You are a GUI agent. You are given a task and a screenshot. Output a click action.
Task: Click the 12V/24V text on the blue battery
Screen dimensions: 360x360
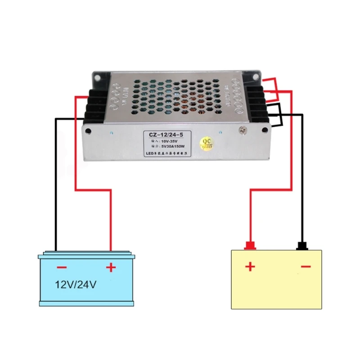pyautogui.click(x=76, y=285)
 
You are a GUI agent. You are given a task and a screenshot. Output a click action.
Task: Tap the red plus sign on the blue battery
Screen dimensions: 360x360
pyautogui.click(x=111, y=268)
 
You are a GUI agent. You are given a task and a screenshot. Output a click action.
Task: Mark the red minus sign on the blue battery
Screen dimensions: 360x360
pyautogui.click(x=62, y=268)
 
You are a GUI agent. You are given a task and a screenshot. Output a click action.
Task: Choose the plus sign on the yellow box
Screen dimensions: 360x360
pyautogui.click(x=250, y=267)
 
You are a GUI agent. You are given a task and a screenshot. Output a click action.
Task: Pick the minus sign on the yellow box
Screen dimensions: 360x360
pyautogui.click(x=306, y=267)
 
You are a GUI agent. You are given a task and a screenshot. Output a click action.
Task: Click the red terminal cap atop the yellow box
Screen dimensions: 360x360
pyautogui.click(x=250, y=246)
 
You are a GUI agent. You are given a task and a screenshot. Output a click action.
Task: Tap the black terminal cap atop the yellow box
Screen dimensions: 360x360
pyautogui.click(x=302, y=246)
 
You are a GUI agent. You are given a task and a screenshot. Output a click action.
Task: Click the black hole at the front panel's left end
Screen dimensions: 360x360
pyautogui.click(x=88, y=132)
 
